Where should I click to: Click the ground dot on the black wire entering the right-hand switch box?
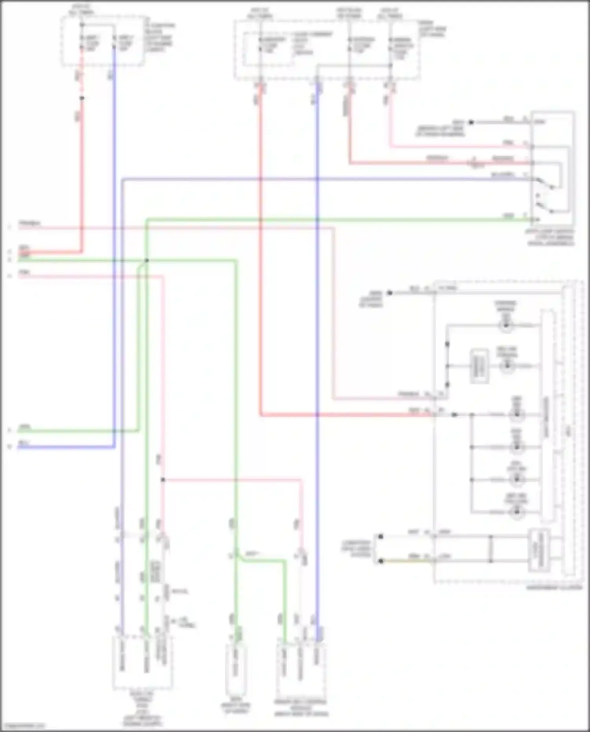tap(471, 122)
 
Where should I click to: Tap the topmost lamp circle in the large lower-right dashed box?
tap(506, 326)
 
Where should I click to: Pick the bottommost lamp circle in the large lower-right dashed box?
tap(517, 512)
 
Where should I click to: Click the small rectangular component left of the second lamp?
tap(479, 366)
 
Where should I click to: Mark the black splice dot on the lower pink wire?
tap(163, 479)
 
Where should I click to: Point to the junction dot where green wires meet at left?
tap(146, 260)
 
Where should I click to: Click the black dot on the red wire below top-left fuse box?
tap(82, 98)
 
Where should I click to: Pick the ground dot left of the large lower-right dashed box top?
tap(390, 293)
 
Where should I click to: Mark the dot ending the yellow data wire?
tap(380, 561)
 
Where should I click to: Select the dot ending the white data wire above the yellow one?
tap(380, 537)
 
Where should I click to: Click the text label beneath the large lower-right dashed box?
tap(554, 587)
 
